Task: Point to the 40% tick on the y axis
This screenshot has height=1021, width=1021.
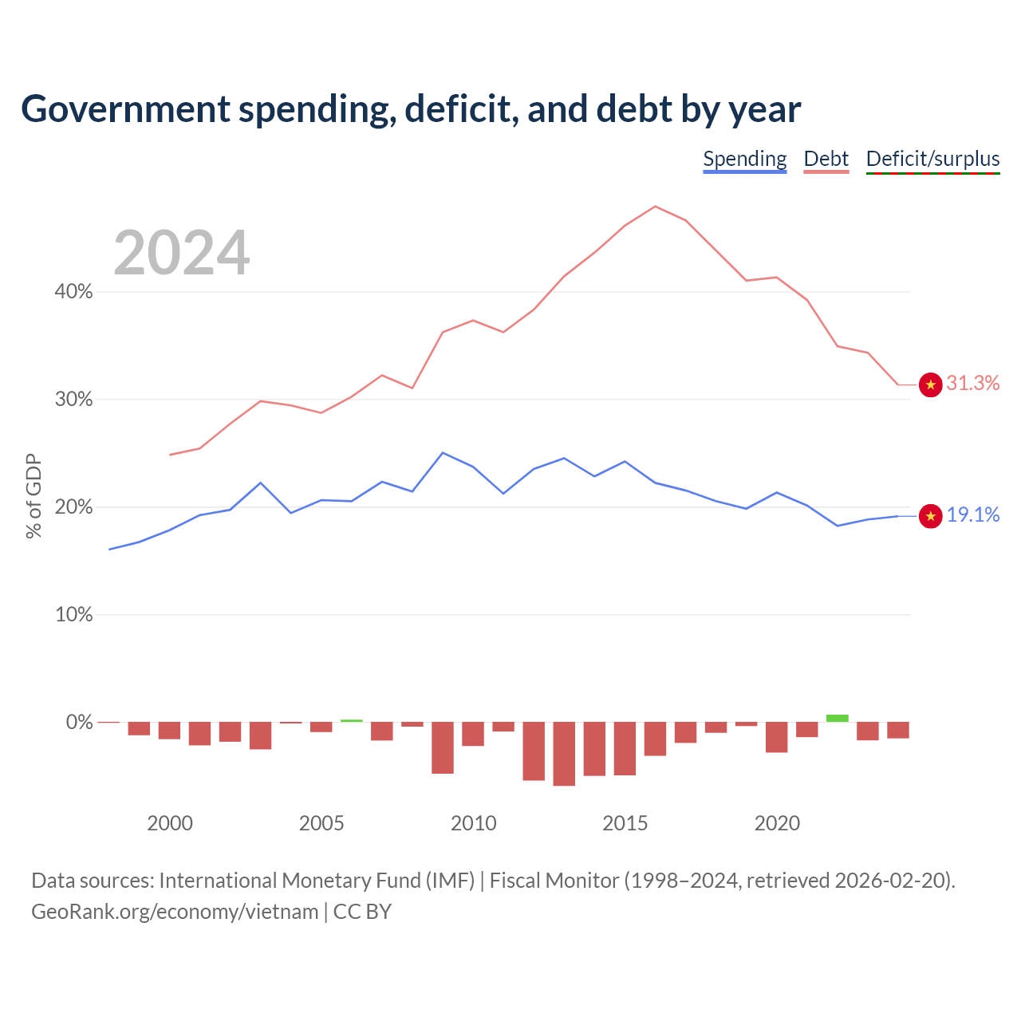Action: coord(73,291)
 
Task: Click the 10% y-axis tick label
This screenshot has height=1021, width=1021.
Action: coord(73,615)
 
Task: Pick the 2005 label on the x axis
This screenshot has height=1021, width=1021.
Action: coord(321,823)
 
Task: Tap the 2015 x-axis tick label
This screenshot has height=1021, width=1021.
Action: coord(625,823)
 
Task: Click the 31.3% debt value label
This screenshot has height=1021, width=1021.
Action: coord(973,383)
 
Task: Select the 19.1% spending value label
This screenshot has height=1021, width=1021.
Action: coord(973,514)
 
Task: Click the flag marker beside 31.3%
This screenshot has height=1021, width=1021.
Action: coord(930,384)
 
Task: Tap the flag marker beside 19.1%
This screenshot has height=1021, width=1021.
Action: coord(930,516)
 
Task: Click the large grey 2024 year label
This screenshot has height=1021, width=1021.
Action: coord(181,252)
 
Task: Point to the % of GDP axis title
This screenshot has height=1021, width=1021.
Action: coord(34,496)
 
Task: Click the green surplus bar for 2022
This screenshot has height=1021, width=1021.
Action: coord(838,718)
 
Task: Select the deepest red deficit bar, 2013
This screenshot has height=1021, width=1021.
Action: coord(564,754)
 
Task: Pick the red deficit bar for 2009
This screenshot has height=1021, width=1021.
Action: coord(443,747)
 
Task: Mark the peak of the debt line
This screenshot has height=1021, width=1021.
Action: coord(656,206)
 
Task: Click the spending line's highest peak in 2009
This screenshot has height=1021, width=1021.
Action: coord(443,453)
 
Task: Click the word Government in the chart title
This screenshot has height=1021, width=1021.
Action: coord(125,109)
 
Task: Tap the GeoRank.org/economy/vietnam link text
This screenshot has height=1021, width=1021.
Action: coord(175,912)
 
